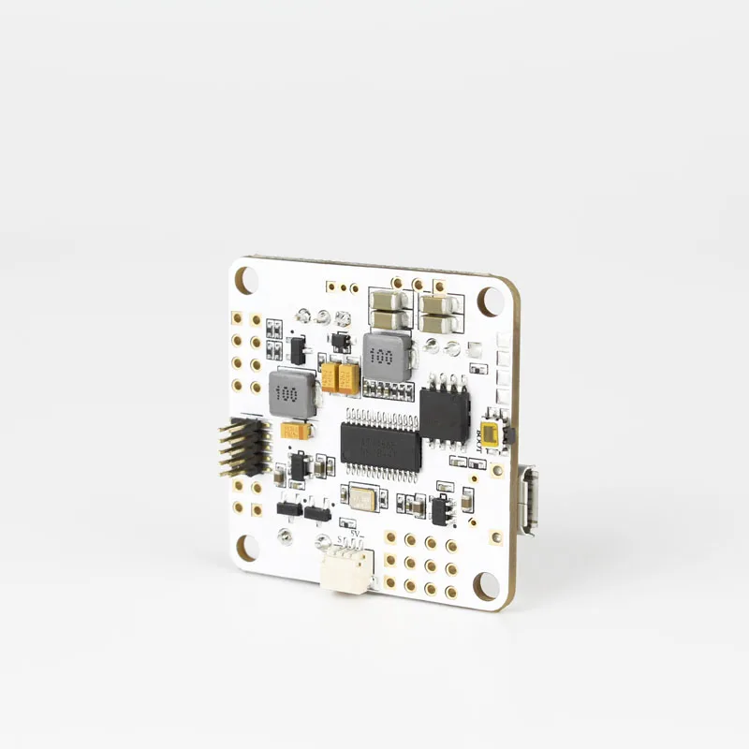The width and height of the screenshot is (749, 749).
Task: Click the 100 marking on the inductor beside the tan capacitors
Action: point(380,356)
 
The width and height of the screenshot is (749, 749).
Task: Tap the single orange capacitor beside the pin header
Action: point(296,432)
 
